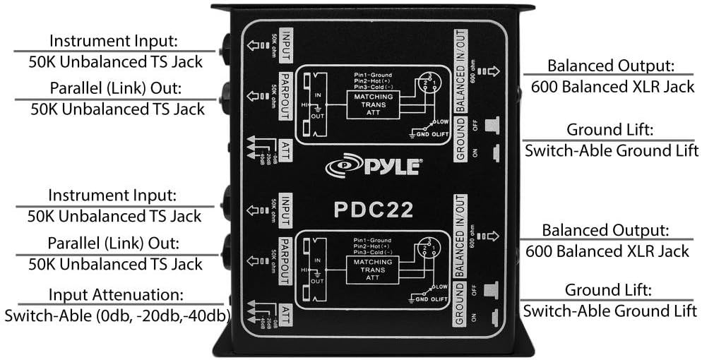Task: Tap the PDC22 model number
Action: pyautogui.click(x=374, y=210)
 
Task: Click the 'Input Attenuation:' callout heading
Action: pyautogui.click(x=114, y=294)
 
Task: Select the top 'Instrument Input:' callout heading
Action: pyautogui.click(x=114, y=41)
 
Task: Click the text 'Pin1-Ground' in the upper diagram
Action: pyautogui.click(x=374, y=74)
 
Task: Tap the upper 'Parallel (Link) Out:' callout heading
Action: pyautogui.click(x=114, y=90)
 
